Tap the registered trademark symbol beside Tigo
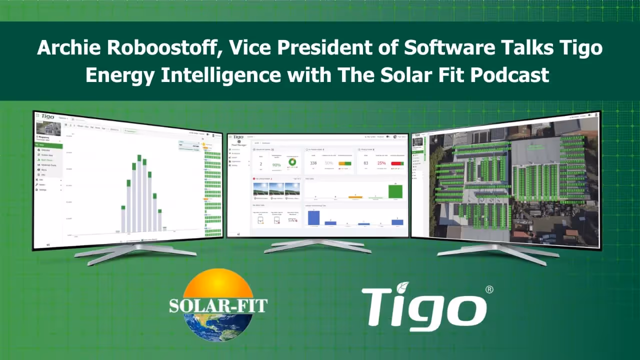pos(489,289)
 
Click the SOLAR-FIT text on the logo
pos(218,305)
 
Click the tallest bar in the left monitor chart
pos(139,195)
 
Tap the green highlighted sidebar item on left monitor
pos(48,146)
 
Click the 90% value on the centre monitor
pos(276,164)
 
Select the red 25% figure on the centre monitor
pos(381,163)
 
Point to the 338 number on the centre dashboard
pos(313,163)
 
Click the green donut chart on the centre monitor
pos(292,162)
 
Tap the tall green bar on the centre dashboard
pos(395,191)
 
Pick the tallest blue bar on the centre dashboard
pos(313,217)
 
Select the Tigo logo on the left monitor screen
pos(48,117)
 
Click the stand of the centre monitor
pos(318,244)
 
